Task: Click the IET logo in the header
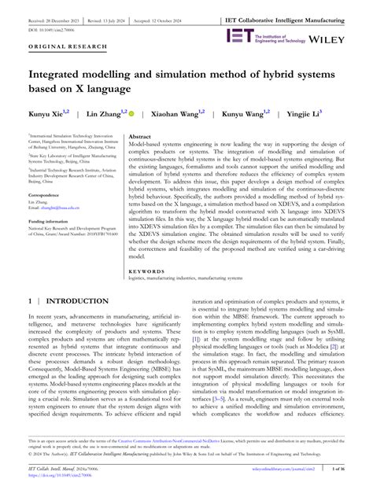pyautogui.click(x=238, y=35)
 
